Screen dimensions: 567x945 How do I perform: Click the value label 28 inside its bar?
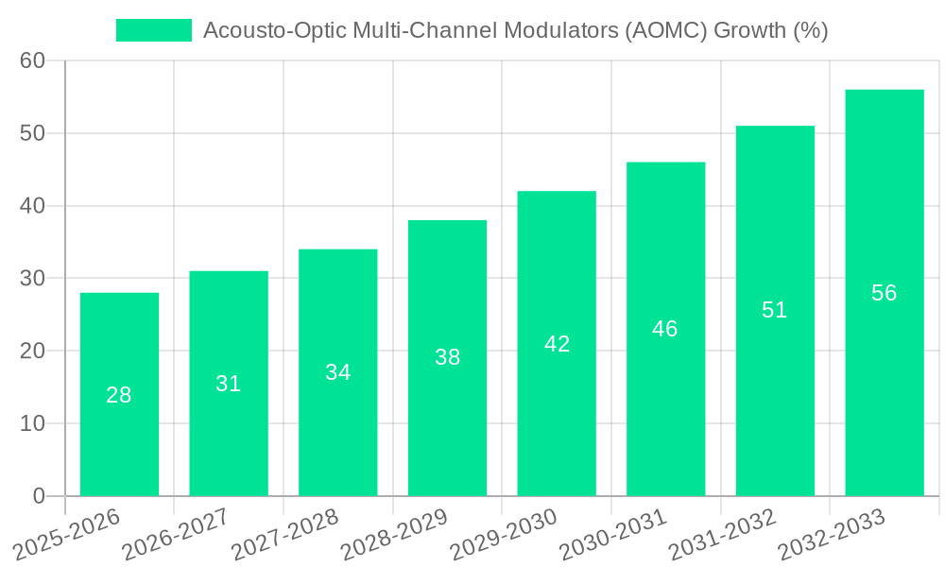[x=119, y=395]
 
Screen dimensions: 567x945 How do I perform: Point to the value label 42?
[x=557, y=344]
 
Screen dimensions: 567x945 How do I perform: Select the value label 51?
[x=774, y=310]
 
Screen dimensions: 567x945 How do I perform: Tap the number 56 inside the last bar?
[x=884, y=293]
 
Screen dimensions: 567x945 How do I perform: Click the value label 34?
[x=337, y=372]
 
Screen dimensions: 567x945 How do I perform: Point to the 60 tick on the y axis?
[x=33, y=61]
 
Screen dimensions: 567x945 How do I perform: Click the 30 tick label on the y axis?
[x=33, y=279]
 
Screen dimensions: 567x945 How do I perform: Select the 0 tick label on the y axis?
[x=39, y=496]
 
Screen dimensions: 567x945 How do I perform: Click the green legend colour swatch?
[x=153, y=30]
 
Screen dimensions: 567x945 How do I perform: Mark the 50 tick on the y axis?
[x=33, y=133]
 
